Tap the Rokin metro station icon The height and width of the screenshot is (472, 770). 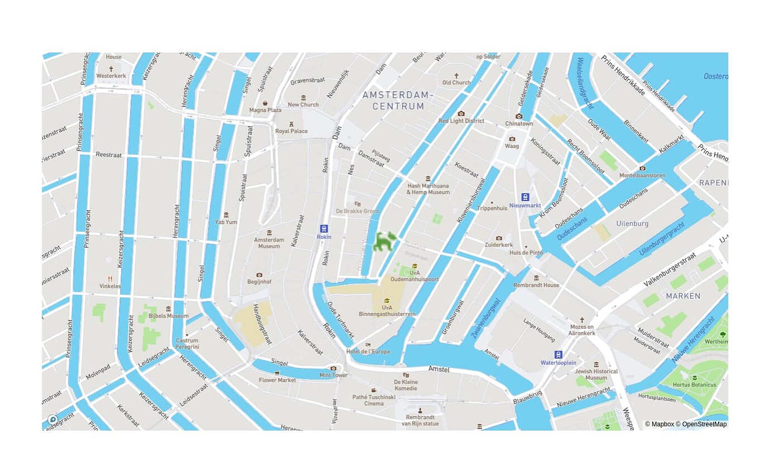click(x=324, y=229)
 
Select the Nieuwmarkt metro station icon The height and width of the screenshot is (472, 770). click(x=524, y=197)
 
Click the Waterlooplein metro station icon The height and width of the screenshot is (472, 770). click(x=558, y=354)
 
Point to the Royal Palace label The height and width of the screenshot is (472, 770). click(x=291, y=131)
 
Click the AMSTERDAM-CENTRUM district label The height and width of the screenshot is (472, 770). click(x=398, y=100)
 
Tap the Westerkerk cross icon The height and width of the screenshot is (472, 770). click(x=111, y=69)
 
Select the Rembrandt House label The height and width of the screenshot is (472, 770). click(x=536, y=285)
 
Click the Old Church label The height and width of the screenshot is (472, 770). click(x=456, y=83)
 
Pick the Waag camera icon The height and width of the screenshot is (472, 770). click(x=512, y=139)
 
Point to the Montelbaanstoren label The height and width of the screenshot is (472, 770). click(x=642, y=175)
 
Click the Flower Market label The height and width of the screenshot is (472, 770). click(x=277, y=380)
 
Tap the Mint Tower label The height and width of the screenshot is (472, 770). click(x=333, y=375)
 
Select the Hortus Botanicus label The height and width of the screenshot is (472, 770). click(x=695, y=385)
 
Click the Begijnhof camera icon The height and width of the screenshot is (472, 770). click(x=259, y=275)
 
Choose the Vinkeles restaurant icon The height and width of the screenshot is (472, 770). click(x=110, y=278)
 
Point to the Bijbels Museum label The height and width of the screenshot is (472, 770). click(x=169, y=316)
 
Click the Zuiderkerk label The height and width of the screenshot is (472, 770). click(x=499, y=244)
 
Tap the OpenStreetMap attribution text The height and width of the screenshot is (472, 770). click(x=704, y=424)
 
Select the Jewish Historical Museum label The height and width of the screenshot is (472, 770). click(x=596, y=374)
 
